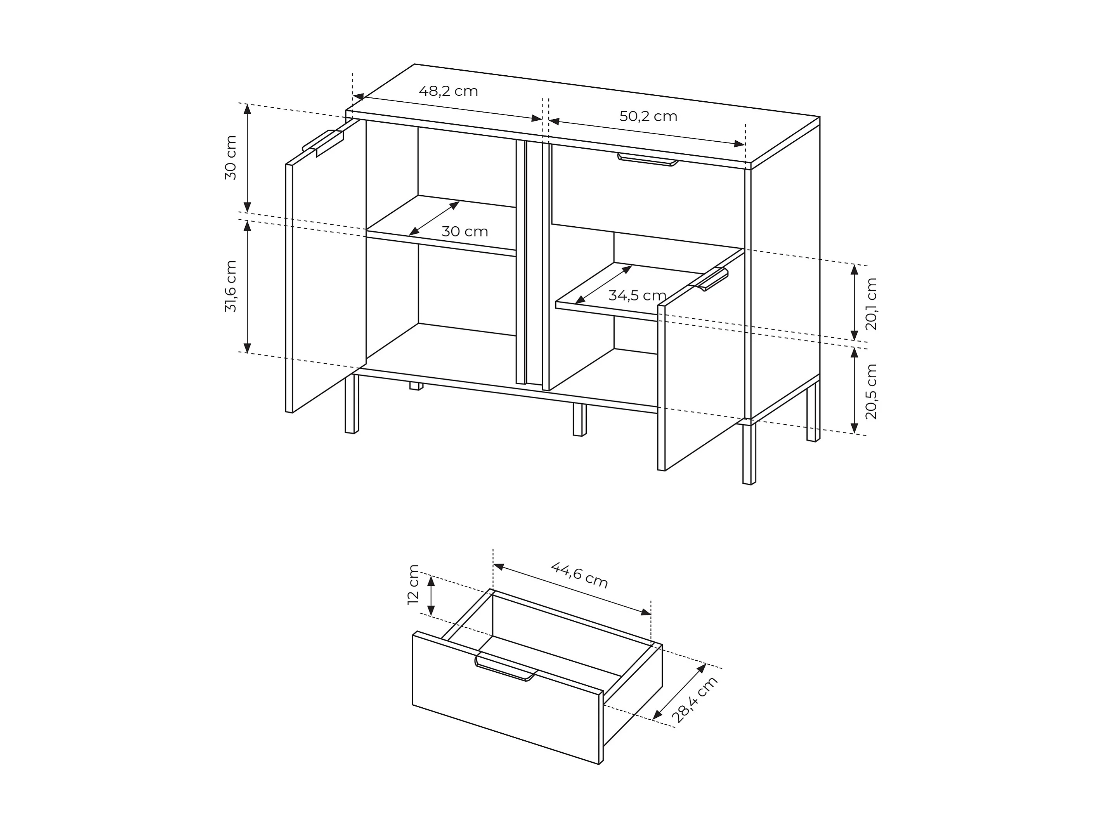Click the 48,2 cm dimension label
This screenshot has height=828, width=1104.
point(448,91)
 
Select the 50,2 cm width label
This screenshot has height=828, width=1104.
point(648,116)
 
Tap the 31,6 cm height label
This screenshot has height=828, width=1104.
point(231,286)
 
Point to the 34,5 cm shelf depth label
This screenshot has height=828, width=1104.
point(637,296)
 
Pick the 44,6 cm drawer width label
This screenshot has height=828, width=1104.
point(579,575)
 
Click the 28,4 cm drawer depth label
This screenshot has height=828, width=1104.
point(695,700)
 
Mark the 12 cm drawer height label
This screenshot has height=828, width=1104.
point(413,584)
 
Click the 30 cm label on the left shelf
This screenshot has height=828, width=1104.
point(464,232)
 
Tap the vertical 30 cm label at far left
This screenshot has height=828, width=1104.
point(231,158)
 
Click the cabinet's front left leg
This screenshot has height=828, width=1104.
point(351,403)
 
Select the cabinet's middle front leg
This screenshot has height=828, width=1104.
point(579,420)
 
